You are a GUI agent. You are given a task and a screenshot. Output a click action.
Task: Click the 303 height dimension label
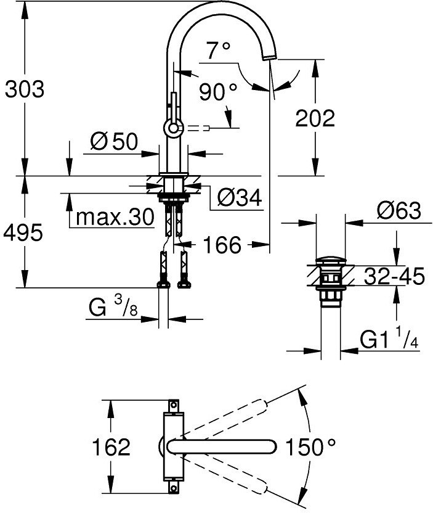(25, 89)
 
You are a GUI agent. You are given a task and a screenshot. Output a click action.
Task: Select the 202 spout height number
(315, 118)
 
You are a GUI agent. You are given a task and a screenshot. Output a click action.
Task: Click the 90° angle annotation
(217, 92)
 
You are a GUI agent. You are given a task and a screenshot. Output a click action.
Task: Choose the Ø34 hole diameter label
(240, 198)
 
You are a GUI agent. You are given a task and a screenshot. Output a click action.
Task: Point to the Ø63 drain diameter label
(399, 211)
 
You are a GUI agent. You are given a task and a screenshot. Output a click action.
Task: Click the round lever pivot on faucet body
(172, 128)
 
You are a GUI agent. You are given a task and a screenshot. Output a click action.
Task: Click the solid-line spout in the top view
(222, 446)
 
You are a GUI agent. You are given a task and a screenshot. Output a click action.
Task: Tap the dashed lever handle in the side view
(198, 128)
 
